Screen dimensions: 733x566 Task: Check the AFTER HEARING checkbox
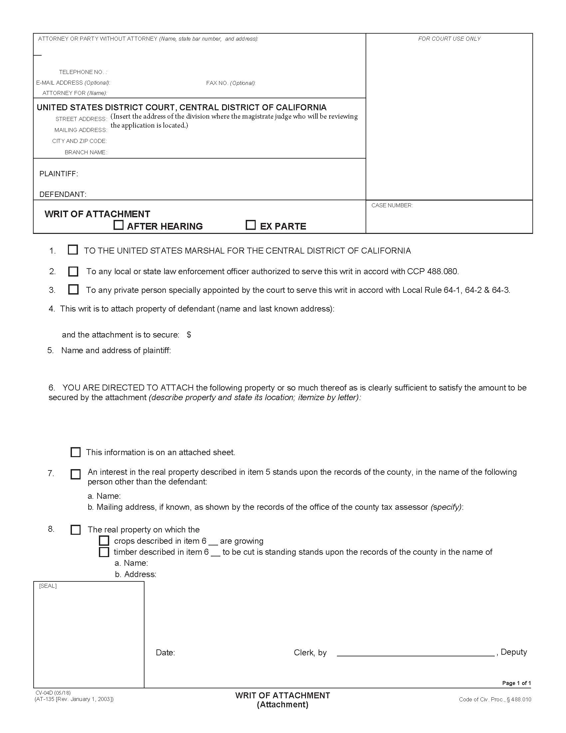(119, 225)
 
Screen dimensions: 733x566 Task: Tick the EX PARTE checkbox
(250, 225)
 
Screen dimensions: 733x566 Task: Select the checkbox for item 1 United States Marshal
(73, 250)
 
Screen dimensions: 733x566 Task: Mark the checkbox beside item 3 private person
(73, 289)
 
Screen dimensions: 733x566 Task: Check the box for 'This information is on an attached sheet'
(76, 452)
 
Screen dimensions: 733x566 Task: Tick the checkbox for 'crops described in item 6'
(104, 541)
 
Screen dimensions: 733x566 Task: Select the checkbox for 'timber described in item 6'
(104, 552)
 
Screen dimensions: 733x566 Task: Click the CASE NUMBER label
(392, 205)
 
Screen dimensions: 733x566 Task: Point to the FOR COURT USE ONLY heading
(449, 39)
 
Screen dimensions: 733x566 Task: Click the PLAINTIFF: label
(59, 174)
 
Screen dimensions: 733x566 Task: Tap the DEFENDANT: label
(63, 194)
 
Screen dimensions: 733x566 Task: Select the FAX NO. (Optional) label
(231, 83)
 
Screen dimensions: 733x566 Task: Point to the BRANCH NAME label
(86, 152)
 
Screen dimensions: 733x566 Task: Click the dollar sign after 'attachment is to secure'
(189, 335)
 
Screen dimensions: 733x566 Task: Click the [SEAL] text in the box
(48, 586)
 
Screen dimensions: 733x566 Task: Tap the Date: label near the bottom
(165, 653)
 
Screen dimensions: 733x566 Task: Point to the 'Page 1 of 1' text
(516, 683)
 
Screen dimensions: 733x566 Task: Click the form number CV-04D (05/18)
(53, 693)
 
